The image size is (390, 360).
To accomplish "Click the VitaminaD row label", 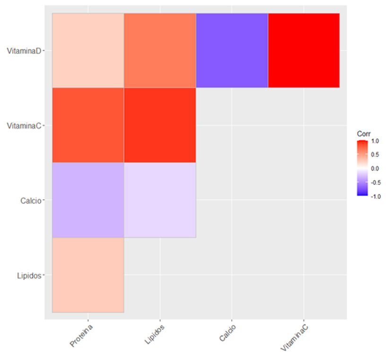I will [24, 51].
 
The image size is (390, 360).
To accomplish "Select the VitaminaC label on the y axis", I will [24, 125].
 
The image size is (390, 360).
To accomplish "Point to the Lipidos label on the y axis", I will [29, 275].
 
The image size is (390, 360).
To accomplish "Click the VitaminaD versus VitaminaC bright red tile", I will [303, 51].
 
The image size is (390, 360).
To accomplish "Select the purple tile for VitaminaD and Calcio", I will [232, 51].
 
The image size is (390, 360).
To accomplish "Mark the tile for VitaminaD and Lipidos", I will [160, 51].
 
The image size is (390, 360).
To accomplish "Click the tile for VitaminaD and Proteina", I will [88, 51].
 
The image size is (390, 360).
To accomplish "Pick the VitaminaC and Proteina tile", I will [88, 125].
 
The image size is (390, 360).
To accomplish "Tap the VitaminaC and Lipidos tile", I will [160, 125].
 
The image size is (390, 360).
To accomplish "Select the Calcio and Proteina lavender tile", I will [88, 200].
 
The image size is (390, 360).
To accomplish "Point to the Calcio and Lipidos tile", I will [160, 200].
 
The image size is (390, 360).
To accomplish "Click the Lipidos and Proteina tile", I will [88, 275].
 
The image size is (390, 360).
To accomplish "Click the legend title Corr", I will [363, 134].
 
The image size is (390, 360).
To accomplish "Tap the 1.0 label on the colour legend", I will [375, 141].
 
